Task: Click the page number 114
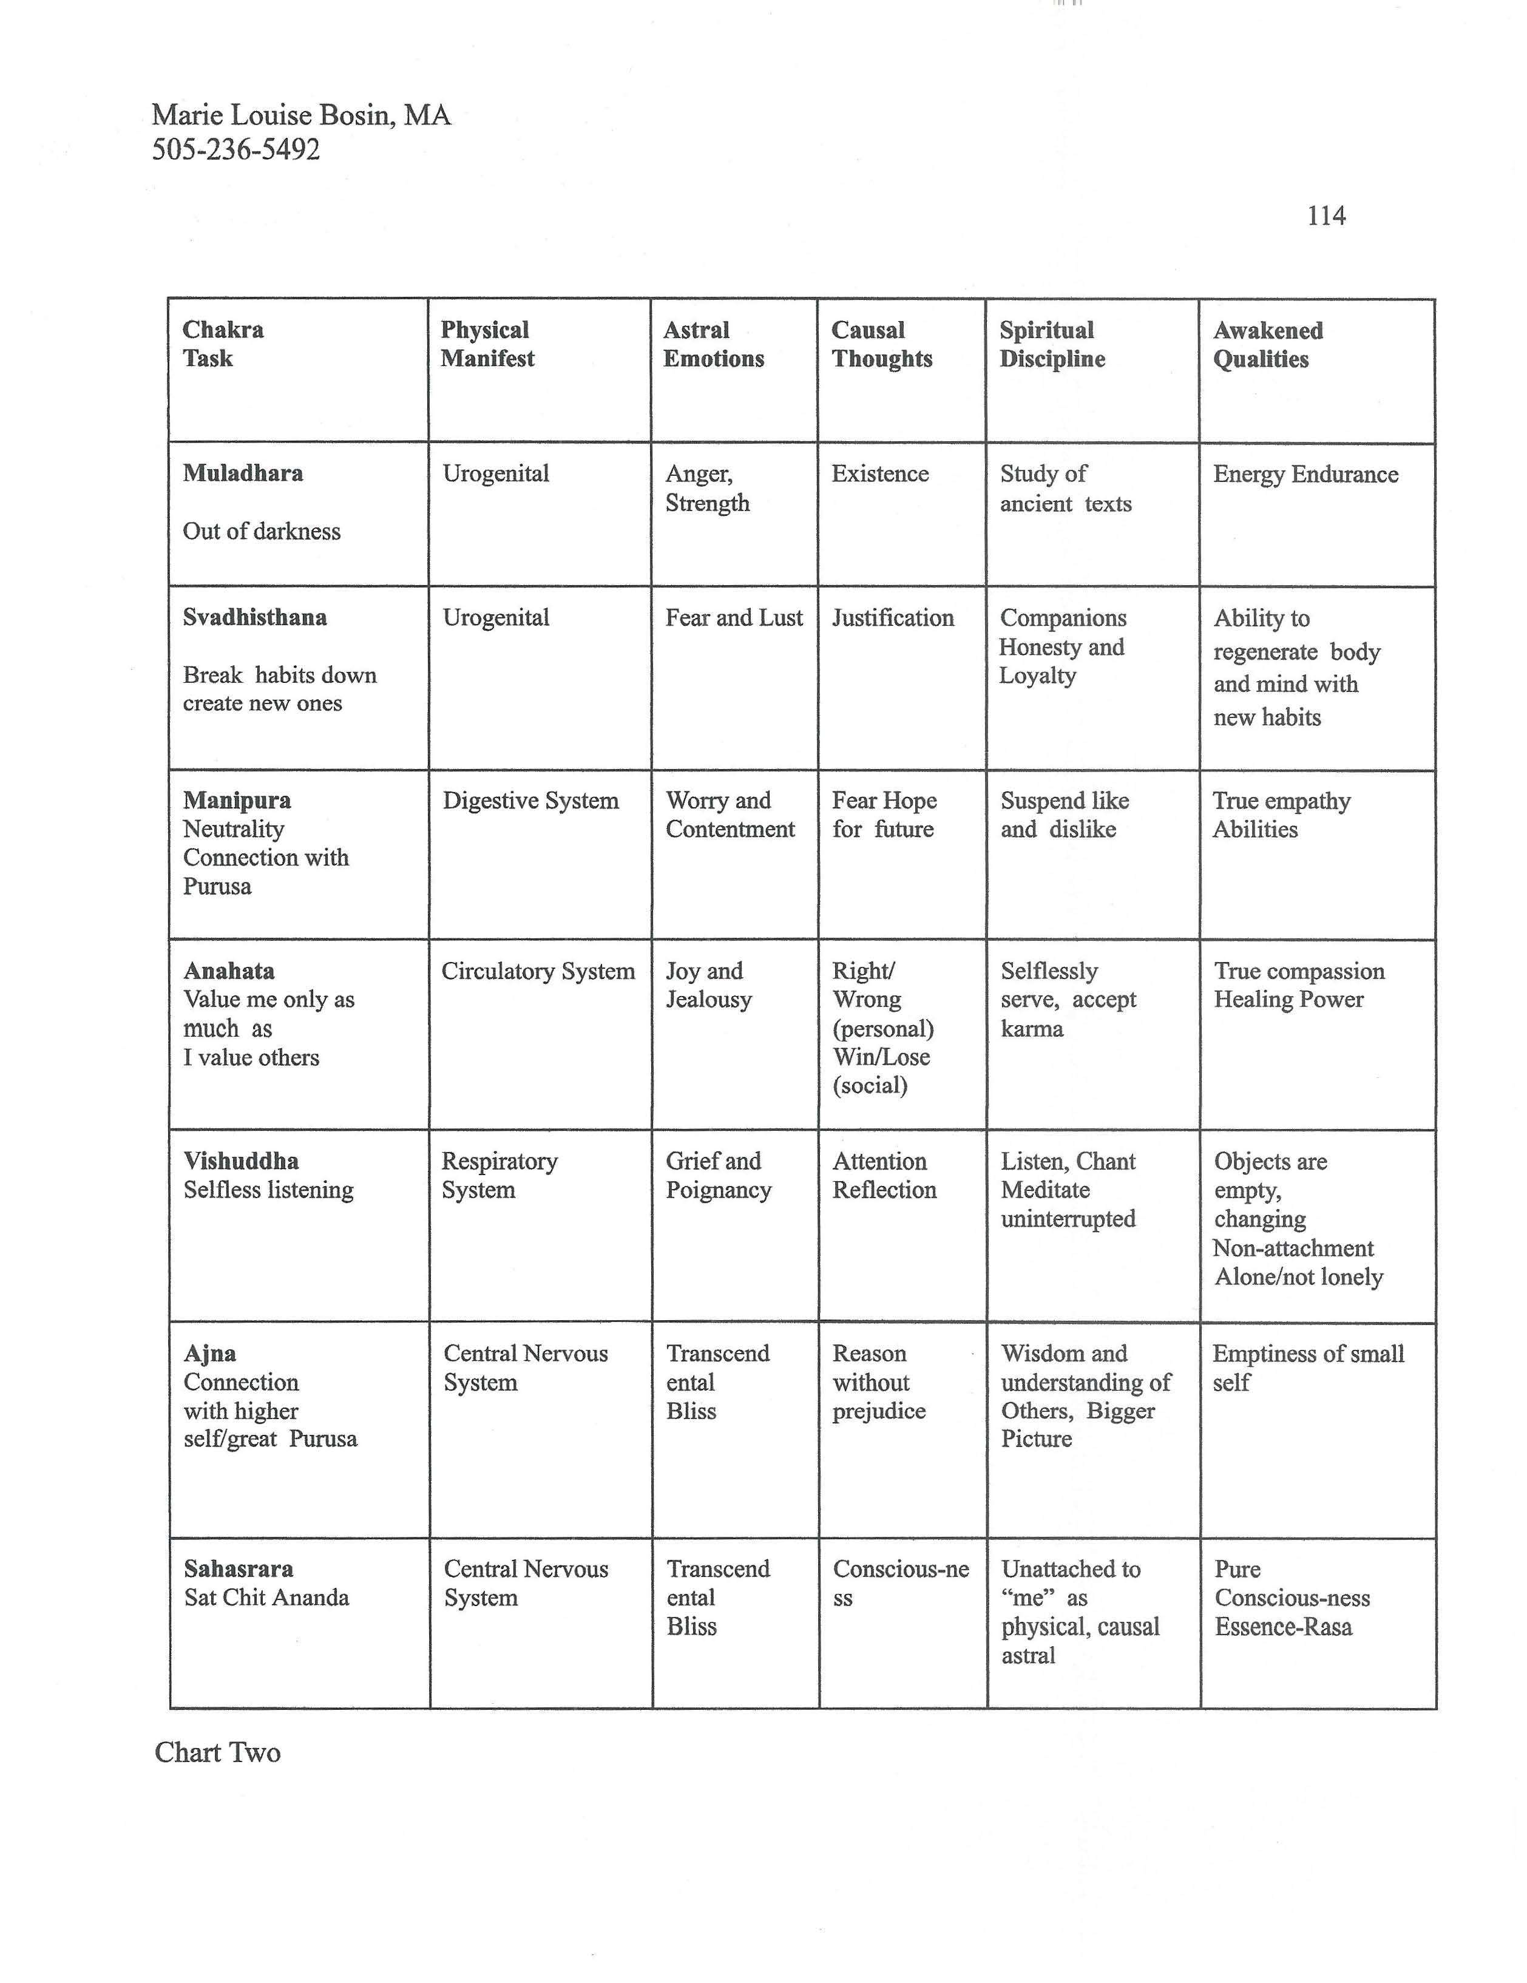click(1326, 216)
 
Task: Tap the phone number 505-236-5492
click(236, 149)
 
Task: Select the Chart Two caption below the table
click(217, 1752)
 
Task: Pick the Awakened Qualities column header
click(1267, 344)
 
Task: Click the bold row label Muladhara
click(242, 473)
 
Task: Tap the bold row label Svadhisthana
click(254, 617)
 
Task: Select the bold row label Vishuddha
click(240, 1161)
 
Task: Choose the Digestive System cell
click(530, 801)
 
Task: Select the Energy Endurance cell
click(1305, 474)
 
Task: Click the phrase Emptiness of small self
click(1307, 1368)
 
